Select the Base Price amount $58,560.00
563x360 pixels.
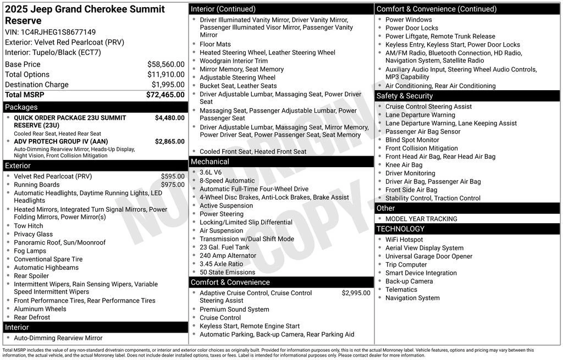(165, 64)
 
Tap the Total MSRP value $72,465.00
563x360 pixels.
(165, 95)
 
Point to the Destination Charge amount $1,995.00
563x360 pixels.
(168, 85)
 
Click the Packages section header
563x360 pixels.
(21, 107)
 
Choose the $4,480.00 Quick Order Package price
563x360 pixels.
(169, 118)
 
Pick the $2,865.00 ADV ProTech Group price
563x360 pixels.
(169, 141)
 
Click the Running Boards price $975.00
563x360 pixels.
(173, 185)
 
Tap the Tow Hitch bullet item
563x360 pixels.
(29, 226)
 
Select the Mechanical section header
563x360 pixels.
(209, 162)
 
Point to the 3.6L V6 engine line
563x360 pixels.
(211, 173)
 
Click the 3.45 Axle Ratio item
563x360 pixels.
(221, 264)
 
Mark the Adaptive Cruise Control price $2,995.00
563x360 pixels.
(356, 293)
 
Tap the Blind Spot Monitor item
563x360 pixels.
(412, 140)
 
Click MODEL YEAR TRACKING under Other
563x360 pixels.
(421, 219)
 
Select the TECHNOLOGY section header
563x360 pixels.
(400, 229)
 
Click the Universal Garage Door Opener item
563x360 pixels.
(429, 256)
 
